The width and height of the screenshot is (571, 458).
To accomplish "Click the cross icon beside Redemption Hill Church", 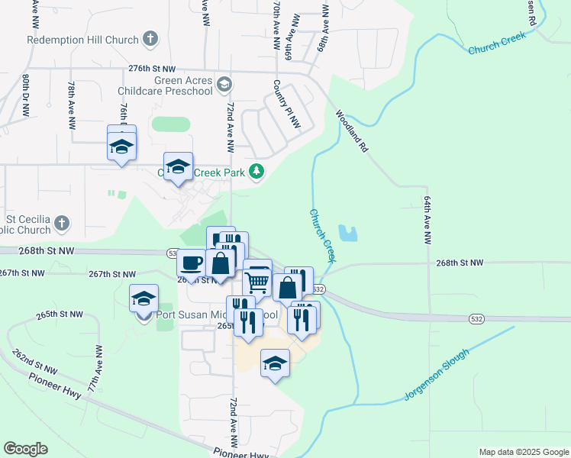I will coord(150,38).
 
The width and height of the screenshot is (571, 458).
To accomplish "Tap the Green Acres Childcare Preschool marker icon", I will coord(224,82).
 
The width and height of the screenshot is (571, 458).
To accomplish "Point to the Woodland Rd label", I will coord(351,132).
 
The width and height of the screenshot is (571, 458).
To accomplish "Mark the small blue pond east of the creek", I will coord(347,233).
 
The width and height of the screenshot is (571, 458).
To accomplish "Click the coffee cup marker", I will coord(191,263).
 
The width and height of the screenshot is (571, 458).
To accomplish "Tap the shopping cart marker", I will coord(257,281).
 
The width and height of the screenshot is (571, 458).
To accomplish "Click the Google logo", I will coord(26,449).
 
